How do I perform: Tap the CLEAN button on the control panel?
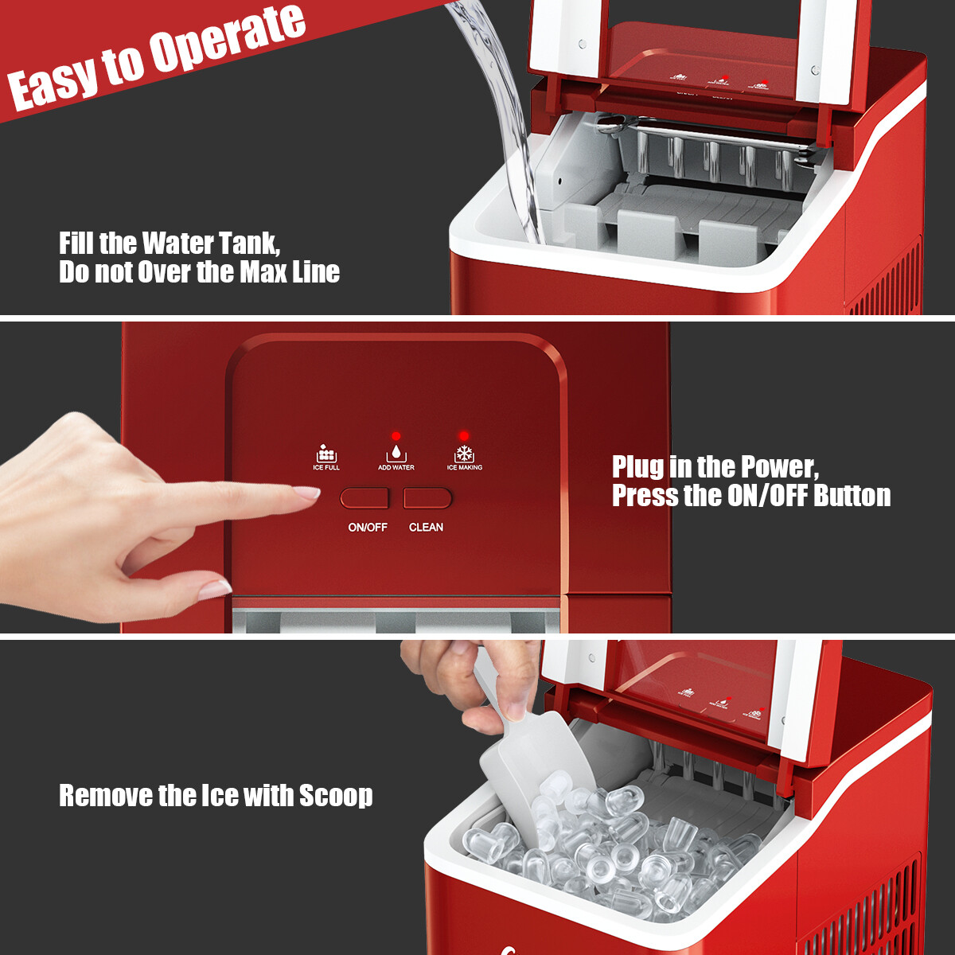tap(427, 498)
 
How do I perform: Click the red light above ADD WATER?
tap(396, 436)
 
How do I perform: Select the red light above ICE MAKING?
tap(464, 436)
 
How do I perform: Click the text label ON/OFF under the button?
tap(368, 527)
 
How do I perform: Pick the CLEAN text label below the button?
tap(427, 527)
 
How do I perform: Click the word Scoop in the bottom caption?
tap(336, 795)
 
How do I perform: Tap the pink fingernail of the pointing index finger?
tap(306, 493)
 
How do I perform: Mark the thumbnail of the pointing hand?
tap(214, 589)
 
